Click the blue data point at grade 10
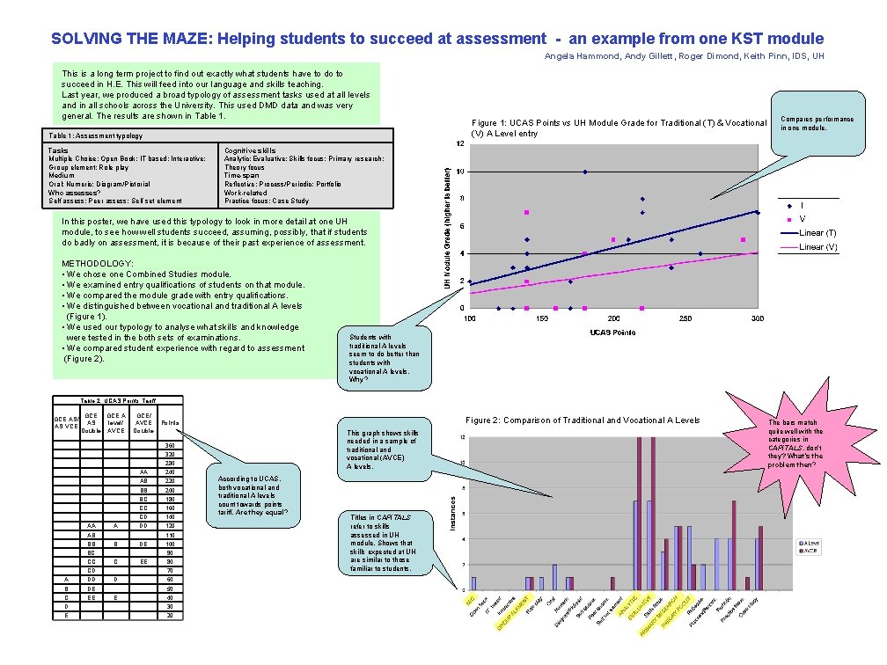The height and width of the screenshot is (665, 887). pos(585,172)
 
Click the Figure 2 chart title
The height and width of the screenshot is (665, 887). pos(583,420)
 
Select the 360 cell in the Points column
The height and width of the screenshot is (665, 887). pos(170,447)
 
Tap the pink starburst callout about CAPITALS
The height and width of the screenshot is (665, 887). pos(795,443)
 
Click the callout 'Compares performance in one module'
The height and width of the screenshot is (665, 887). pos(817,122)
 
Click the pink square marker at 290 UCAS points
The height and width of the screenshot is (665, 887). pos(744,240)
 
